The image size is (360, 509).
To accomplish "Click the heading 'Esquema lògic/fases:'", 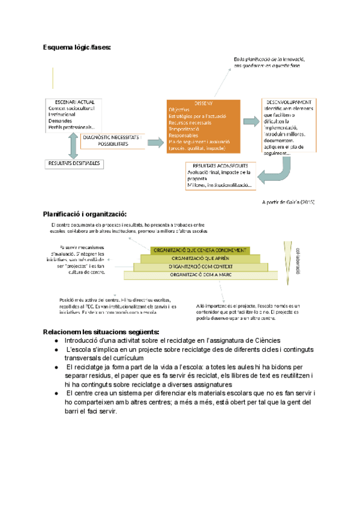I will pyautogui.click(x=77, y=47).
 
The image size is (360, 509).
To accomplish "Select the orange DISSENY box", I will pyautogui.click(x=205, y=126).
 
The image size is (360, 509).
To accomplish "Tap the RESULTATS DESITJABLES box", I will pyautogui.click(x=74, y=163).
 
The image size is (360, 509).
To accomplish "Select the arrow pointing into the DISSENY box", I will pyautogui.click(x=155, y=141).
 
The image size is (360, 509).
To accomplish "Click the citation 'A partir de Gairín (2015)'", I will pyautogui.click(x=289, y=202).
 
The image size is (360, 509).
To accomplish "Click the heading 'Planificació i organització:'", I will pyautogui.click(x=85, y=214).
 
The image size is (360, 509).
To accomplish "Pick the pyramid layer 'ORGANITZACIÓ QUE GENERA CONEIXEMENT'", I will pyautogui.click(x=199, y=250).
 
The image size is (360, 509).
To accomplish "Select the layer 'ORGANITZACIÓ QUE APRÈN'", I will pyautogui.click(x=199, y=258).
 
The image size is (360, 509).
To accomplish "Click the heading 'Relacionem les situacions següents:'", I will pyautogui.click(x=101, y=332).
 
